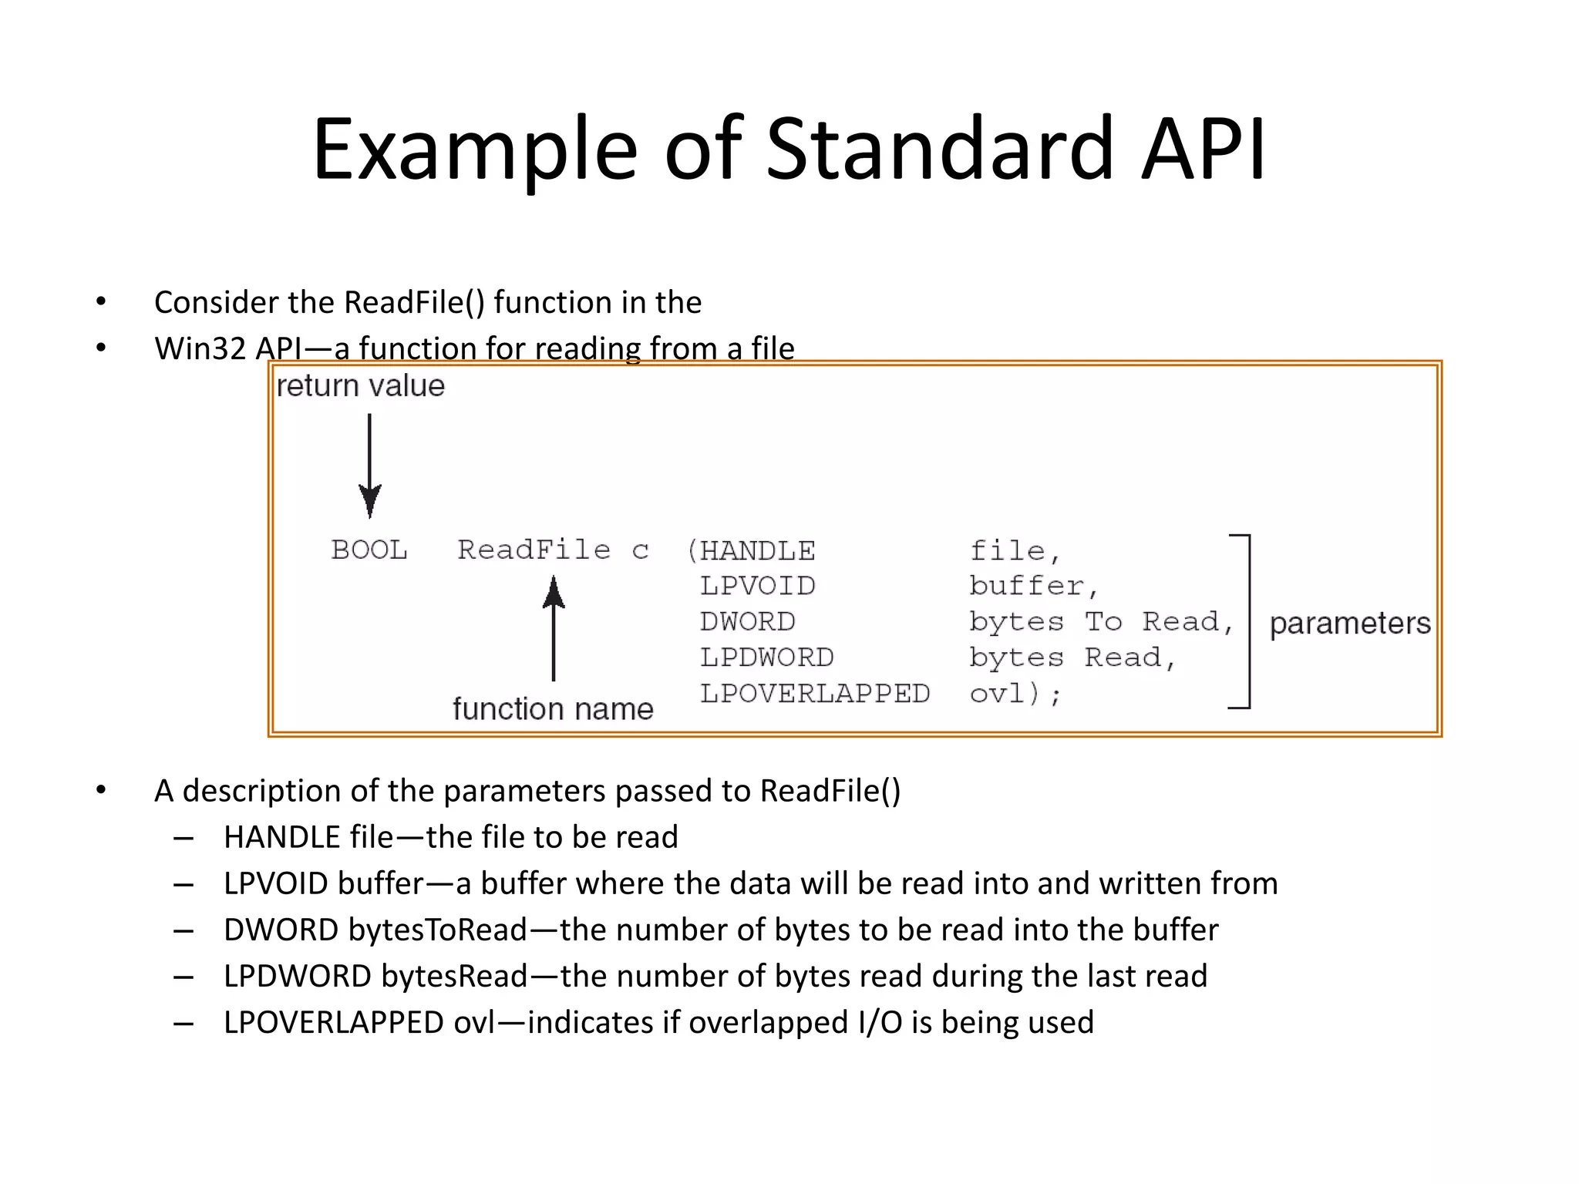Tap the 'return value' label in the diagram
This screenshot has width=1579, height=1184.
pos(360,385)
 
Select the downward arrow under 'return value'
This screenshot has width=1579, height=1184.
pos(370,466)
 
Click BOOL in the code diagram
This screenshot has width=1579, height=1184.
pos(369,550)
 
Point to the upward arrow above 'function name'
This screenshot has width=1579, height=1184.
pos(554,628)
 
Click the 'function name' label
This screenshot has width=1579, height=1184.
pos(553,708)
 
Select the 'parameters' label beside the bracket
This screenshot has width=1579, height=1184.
pos(1349,623)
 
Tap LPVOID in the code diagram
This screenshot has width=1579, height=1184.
pos(757,586)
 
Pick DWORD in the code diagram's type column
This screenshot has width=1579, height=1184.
pos(747,621)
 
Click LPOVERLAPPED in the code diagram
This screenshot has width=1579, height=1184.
pos(814,694)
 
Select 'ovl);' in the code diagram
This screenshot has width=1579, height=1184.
pos(1015,694)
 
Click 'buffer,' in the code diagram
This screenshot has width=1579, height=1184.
pos(1033,586)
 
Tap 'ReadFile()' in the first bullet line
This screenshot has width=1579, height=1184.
pos(414,302)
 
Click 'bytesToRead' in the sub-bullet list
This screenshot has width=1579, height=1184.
pos(438,930)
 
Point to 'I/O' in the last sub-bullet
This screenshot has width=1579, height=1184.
pos(880,1022)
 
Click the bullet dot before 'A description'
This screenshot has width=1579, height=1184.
pos(101,791)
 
